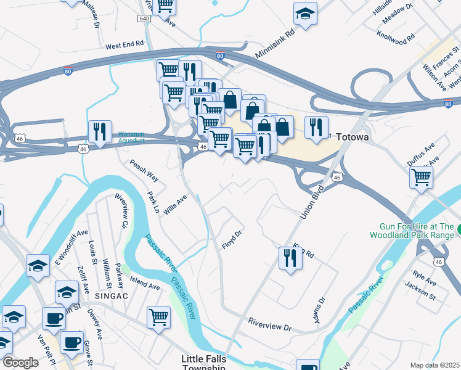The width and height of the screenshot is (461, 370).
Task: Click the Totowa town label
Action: [352, 137]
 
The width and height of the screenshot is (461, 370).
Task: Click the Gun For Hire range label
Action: [414, 231]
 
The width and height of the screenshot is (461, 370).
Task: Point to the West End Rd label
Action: [124, 46]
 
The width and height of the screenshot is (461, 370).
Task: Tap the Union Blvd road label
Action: [312, 202]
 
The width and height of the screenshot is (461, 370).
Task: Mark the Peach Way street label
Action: [144, 170]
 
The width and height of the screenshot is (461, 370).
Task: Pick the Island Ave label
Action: [145, 286]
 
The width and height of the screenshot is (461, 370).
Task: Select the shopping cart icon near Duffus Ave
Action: [421, 176]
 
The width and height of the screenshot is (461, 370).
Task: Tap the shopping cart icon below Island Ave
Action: [158, 317]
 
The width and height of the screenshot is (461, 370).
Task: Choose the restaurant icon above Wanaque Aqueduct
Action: [99, 131]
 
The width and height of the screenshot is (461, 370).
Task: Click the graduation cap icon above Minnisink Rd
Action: [304, 13]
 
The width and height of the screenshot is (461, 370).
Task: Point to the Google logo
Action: [20, 363]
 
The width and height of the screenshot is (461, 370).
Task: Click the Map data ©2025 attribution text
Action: [434, 365]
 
